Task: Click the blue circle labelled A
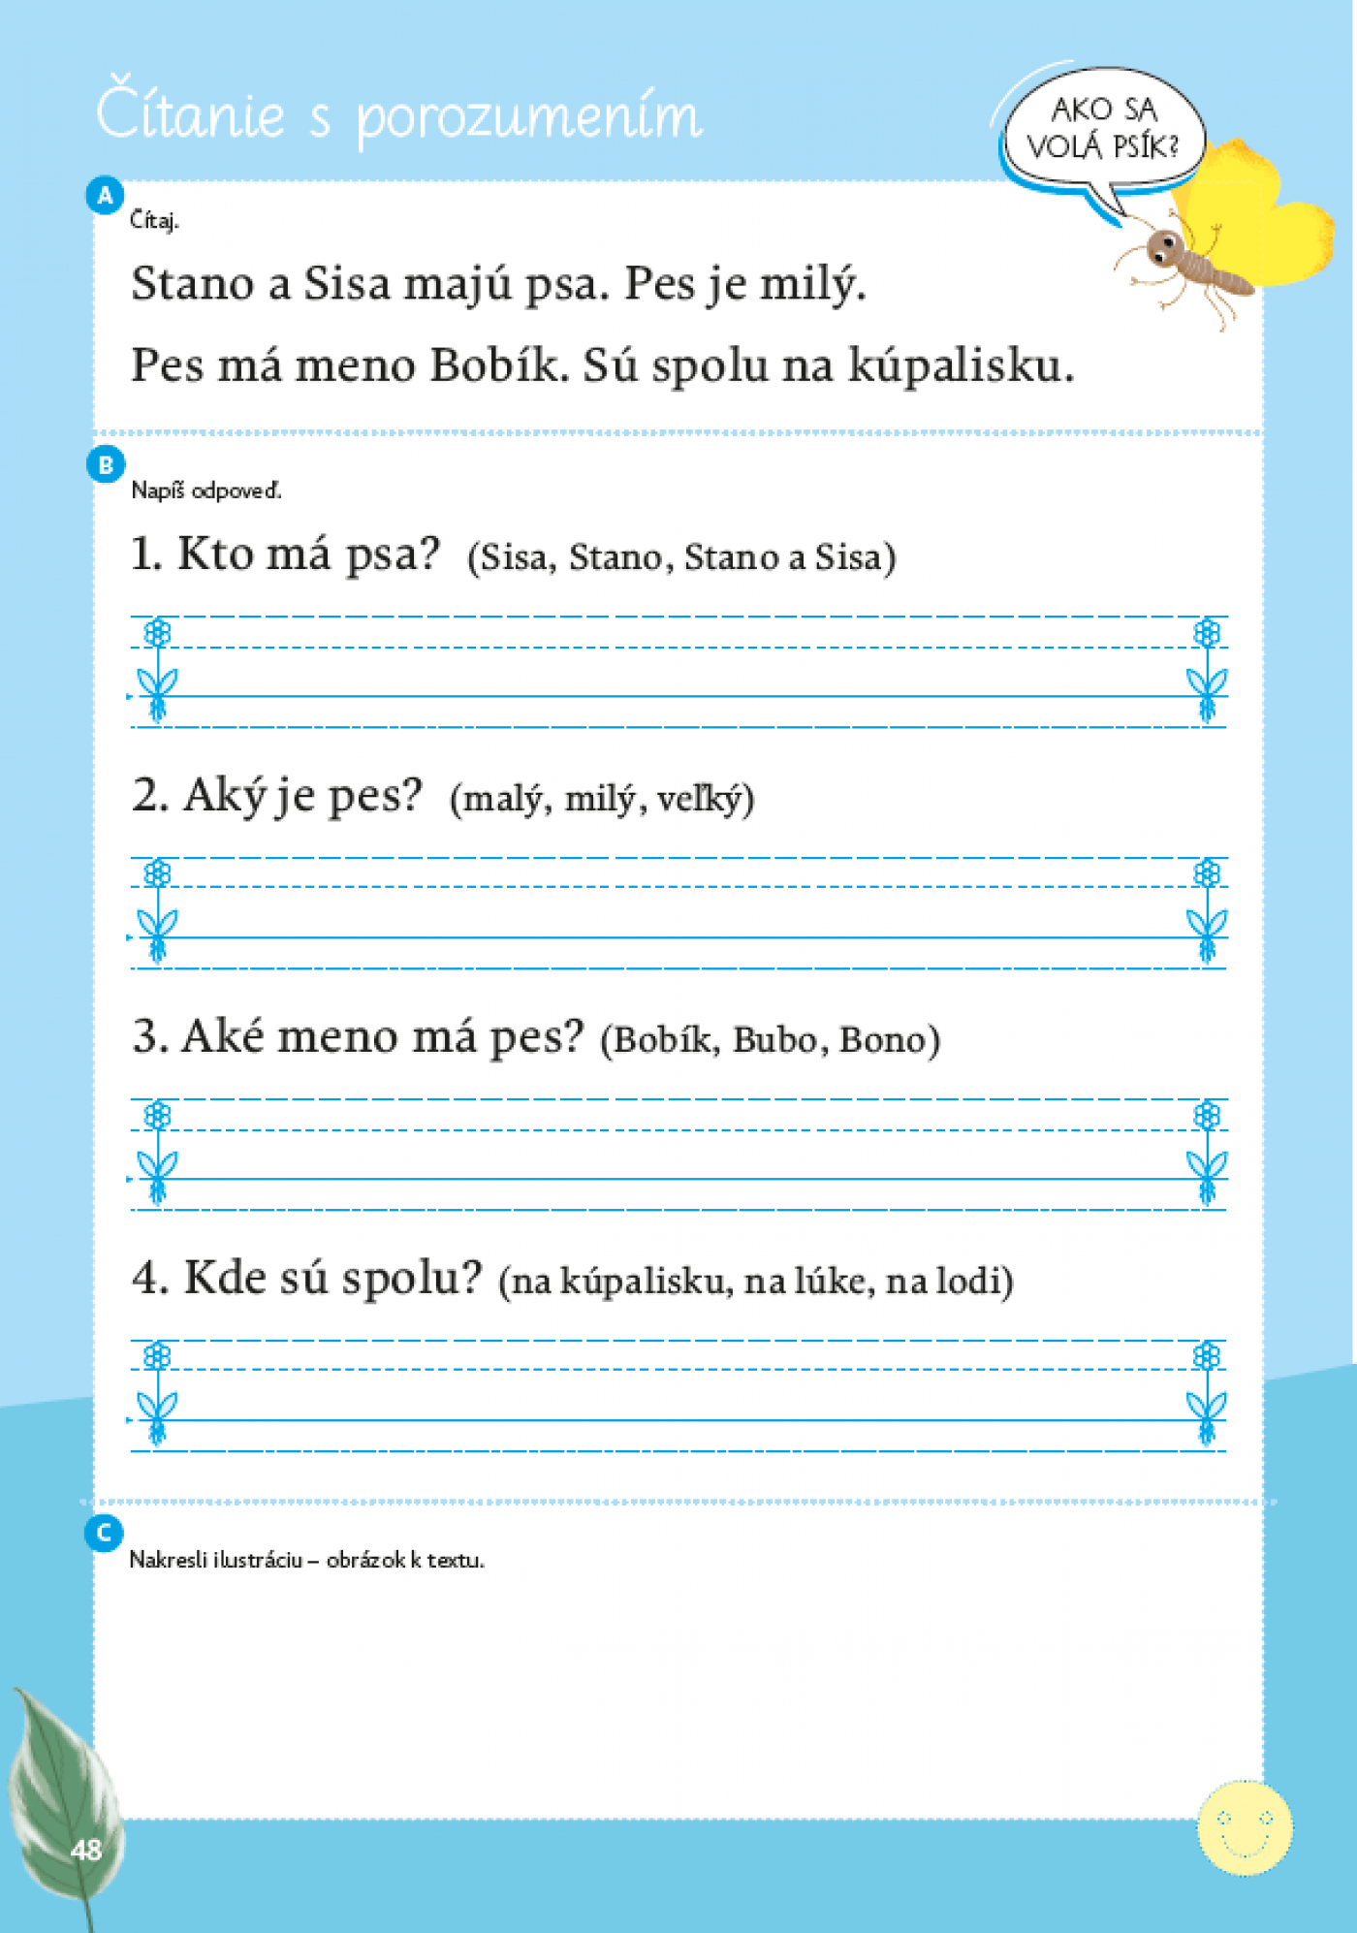coord(105,196)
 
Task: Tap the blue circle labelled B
coord(106,465)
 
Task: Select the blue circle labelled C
coord(104,1534)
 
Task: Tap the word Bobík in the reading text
coord(495,365)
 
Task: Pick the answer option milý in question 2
coord(599,799)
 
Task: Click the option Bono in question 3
coord(884,1039)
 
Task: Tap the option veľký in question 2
coord(700,799)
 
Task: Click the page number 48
coord(86,1851)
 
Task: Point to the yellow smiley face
coord(1245,1827)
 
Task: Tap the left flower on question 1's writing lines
coord(157,669)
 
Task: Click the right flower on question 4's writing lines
coord(1207,1393)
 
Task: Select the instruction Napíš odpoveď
coord(205,491)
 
